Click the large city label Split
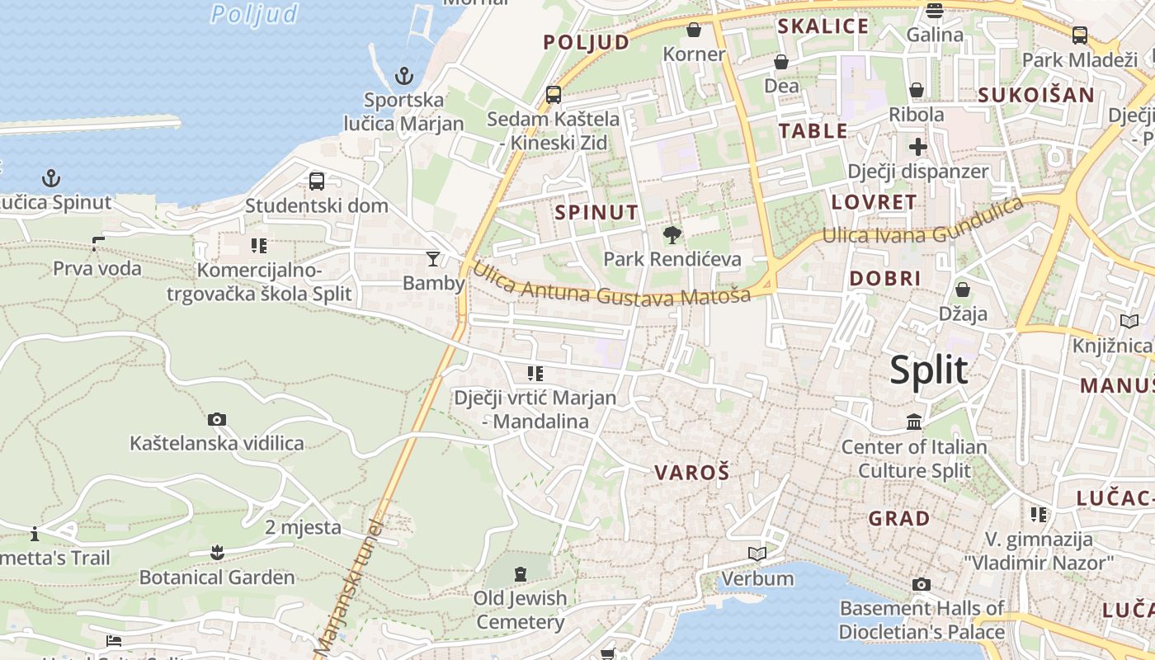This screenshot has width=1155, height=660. coord(928,370)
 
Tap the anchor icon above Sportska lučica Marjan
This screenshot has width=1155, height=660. coord(404,77)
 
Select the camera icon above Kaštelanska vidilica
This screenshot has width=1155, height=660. coord(217,419)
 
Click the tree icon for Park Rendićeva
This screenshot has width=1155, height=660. coord(672,235)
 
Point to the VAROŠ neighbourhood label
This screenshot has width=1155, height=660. coord(692,473)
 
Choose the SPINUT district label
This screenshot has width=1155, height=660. coord(596,212)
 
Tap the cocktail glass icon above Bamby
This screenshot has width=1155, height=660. coord(433,259)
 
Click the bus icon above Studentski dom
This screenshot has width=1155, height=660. coord(317,181)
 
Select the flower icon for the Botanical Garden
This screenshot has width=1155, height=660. coord(217,552)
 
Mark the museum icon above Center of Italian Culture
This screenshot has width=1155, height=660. coord(914,422)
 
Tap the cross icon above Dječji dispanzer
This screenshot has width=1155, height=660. coord(917,147)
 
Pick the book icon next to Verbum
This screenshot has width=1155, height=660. coord(757,554)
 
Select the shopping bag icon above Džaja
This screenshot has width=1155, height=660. coord(962,290)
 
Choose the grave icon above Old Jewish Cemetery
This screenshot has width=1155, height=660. coord(521,573)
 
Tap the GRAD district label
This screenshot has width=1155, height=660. coord(899,519)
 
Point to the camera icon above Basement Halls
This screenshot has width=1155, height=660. coord(922,584)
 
